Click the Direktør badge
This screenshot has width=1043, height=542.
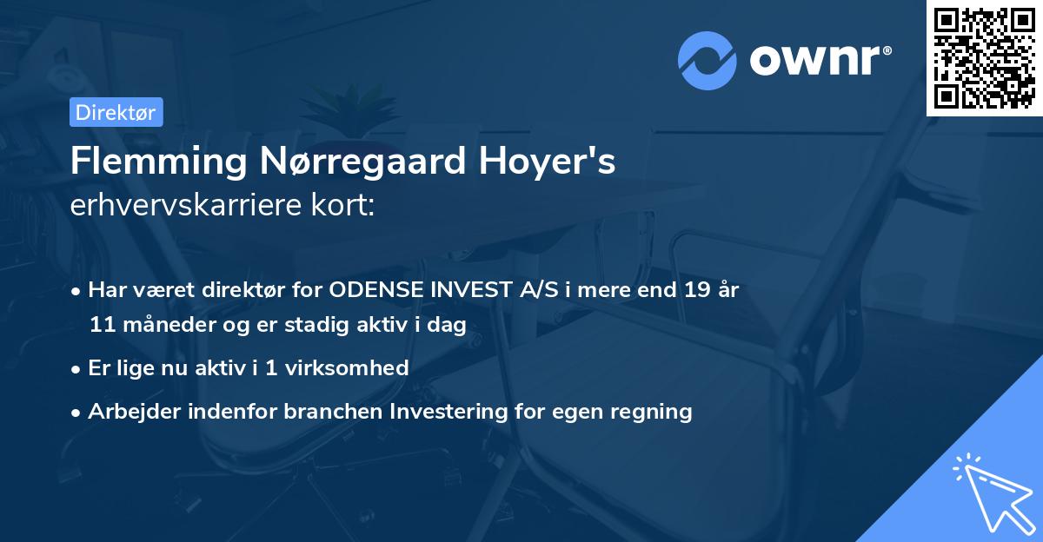click(x=116, y=112)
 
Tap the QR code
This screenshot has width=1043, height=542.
click(x=985, y=57)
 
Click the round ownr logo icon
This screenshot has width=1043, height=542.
click(x=708, y=61)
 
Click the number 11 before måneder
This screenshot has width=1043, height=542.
click(x=102, y=326)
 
